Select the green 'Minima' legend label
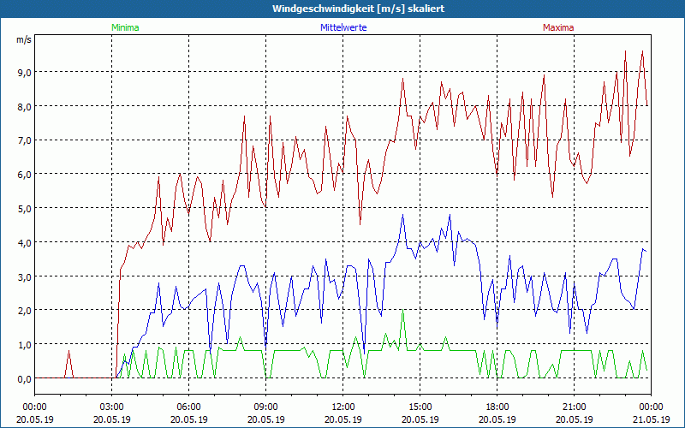(x=125, y=27)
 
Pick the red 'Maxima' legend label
(x=557, y=27)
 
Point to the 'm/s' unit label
(x=23, y=39)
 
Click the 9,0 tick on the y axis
(x=23, y=72)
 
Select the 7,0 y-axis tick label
(x=23, y=140)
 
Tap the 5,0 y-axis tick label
(x=23, y=208)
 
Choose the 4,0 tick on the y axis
(x=23, y=242)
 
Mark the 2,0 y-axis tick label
(x=23, y=310)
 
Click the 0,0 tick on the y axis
(x=23, y=378)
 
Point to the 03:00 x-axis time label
(x=111, y=406)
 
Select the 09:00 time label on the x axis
(x=265, y=406)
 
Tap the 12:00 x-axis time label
(x=342, y=406)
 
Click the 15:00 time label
(x=420, y=406)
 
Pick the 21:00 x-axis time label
(x=574, y=406)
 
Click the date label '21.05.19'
(x=651, y=419)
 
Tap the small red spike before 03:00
(x=69, y=353)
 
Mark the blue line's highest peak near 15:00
(x=402, y=215)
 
